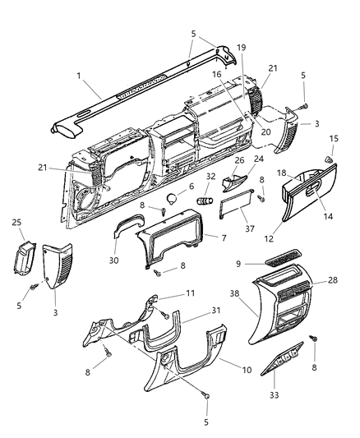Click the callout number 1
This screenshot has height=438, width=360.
pos(78,76)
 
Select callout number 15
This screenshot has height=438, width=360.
pos(333,138)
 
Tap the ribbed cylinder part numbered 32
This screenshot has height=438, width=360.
pos(204,200)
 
